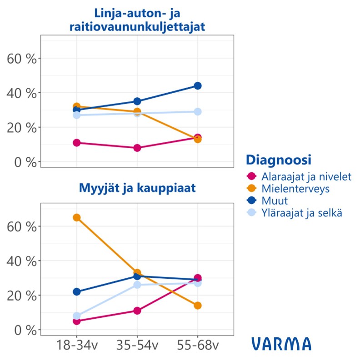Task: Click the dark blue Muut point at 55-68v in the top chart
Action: [198, 86]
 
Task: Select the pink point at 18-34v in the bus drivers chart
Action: [76, 143]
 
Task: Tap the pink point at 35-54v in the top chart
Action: [137, 148]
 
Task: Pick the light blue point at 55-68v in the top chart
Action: [198, 111]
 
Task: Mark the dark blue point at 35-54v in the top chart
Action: [137, 101]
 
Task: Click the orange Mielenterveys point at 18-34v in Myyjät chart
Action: [76, 217]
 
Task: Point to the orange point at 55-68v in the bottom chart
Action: [198, 306]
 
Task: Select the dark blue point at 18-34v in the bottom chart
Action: [76, 292]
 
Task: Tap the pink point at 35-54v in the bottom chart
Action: [137, 311]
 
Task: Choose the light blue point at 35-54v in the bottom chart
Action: [137, 285]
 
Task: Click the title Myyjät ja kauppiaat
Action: [137, 188]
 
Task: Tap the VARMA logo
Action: [281, 344]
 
